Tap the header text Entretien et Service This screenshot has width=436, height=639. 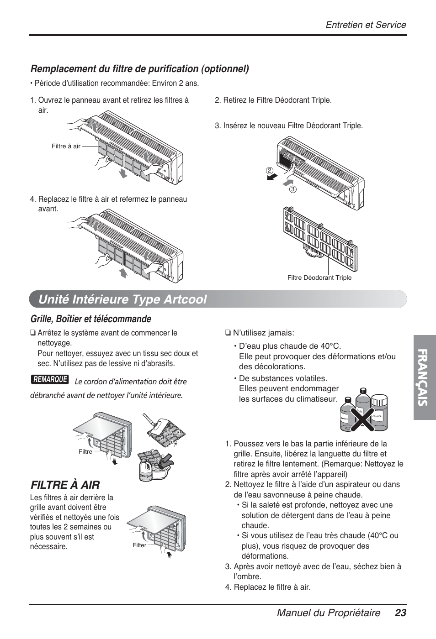coord(366,25)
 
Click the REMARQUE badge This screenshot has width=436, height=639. coord(50,379)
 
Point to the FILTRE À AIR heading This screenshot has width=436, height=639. coord(64,484)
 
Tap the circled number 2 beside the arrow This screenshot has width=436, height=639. coord(270,171)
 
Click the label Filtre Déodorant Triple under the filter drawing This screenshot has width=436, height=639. coord(319,278)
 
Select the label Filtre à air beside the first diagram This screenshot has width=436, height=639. coord(66,147)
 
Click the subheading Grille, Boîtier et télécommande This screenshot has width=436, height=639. coord(90,318)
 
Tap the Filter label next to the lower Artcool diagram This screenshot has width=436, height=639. coord(139,545)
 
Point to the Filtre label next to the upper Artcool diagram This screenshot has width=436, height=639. coord(85,451)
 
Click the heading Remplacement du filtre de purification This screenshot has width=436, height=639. coord(140,69)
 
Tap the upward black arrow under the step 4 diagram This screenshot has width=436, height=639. coord(123,273)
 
